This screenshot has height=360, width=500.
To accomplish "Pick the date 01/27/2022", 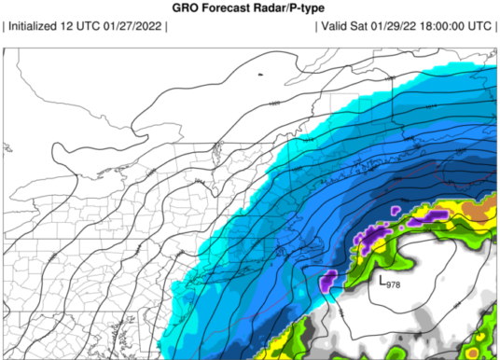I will click(137, 26).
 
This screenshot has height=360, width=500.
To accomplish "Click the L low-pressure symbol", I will click(382, 279).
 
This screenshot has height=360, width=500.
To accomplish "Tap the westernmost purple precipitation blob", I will click(327, 279).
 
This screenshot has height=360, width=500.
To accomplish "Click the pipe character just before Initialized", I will click(6, 26).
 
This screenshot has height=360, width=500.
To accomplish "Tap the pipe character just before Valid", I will click(318, 26).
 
